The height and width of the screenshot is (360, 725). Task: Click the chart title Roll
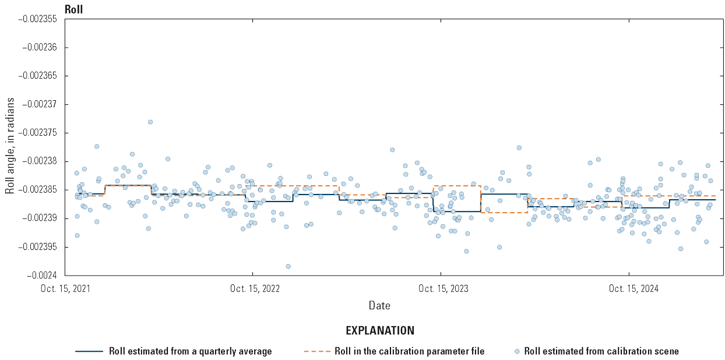[x=73, y=9]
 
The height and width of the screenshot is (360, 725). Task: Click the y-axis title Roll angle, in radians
[x=10, y=146]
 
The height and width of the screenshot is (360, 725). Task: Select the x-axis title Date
[x=379, y=305]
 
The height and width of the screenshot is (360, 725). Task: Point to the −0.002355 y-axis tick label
[x=37, y=19]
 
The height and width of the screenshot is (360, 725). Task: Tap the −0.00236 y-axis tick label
[x=40, y=48]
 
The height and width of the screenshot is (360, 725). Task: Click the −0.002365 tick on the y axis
[x=37, y=76]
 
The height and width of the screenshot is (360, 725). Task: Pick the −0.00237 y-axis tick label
[x=40, y=105]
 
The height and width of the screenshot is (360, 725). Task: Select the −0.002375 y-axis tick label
[x=37, y=133]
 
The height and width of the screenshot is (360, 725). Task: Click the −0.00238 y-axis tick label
[x=40, y=161]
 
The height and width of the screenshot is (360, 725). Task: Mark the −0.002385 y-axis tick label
[x=37, y=190]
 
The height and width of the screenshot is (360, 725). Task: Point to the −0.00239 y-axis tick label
[x=40, y=218]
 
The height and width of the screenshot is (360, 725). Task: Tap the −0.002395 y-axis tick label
[x=37, y=247]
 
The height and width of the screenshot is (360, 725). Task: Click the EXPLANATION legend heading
[x=380, y=331]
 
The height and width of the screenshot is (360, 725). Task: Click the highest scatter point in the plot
[x=150, y=122]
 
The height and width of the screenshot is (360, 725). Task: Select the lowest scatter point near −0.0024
[x=288, y=266]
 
